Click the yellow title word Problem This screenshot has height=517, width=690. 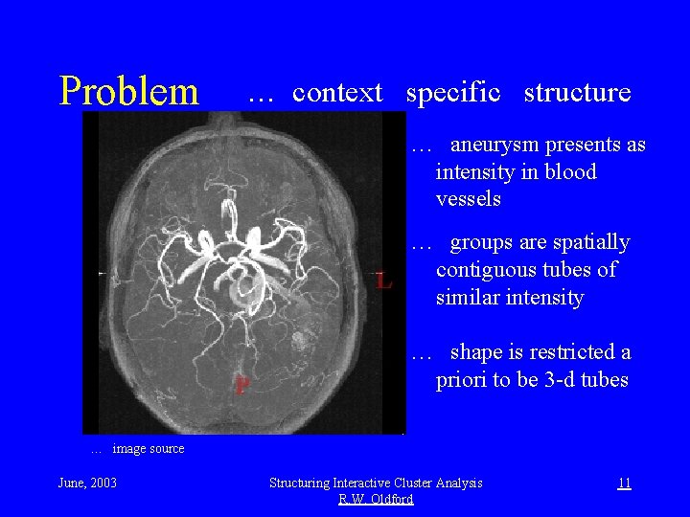point(128,92)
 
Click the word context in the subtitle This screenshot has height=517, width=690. point(337,93)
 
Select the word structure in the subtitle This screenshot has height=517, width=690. point(577,93)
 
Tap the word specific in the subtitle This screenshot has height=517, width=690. point(453,93)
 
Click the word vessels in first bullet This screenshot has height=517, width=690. point(468,199)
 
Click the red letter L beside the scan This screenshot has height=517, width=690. point(383,281)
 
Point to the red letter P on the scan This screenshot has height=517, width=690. point(243,386)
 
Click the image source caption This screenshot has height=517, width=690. point(148,448)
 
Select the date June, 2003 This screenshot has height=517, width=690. point(87,483)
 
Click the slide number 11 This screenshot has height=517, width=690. point(623,483)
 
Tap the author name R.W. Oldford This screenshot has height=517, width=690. point(376,499)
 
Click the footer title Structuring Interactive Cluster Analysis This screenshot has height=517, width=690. point(376,483)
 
